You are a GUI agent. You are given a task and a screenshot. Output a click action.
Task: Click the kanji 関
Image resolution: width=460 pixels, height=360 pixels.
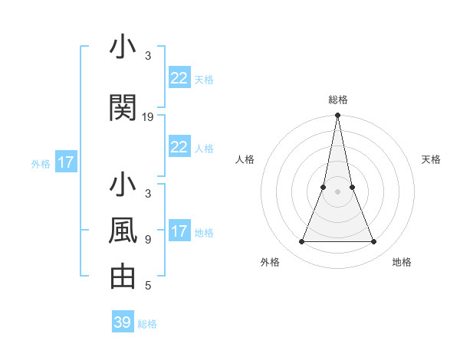pyautogui.click(x=123, y=108)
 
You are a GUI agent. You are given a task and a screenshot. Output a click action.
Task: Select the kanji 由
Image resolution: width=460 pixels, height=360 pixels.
pyautogui.click(x=123, y=277)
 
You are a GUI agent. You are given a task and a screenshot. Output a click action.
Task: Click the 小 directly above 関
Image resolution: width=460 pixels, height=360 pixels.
pyautogui.click(x=123, y=47)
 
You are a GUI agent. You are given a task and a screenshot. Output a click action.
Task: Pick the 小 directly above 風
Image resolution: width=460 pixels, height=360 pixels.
pyautogui.click(x=123, y=185)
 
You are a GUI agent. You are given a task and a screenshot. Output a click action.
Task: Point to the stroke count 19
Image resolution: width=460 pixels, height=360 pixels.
pyautogui.click(x=148, y=117)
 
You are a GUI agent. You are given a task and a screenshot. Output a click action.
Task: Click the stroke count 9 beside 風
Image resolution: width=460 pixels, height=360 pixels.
pyautogui.click(x=148, y=240)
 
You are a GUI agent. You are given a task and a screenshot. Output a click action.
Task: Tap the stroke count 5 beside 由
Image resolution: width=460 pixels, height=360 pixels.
pyautogui.click(x=148, y=286)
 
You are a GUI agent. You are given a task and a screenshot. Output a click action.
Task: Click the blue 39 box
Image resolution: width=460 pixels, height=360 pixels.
pyautogui.click(x=123, y=322)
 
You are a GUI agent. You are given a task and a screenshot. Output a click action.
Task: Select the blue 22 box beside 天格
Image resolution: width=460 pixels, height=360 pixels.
pyautogui.click(x=179, y=78)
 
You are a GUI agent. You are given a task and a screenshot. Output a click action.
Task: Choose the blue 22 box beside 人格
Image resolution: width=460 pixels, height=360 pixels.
pyautogui.click(x=179, y=147)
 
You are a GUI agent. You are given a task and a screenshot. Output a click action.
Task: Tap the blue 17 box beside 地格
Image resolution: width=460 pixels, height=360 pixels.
pyautogui.click(x=179, y=231)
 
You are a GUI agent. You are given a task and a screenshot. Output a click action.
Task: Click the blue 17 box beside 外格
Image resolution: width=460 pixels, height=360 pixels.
pyautogui.click(x=65, y=162)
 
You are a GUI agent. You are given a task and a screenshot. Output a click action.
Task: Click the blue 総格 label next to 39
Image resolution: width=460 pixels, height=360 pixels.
pyautogui.click(x=147, y=324)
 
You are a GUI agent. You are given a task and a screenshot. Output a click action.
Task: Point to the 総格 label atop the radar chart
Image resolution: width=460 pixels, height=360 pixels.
pyautogui.click(x=337, y=100)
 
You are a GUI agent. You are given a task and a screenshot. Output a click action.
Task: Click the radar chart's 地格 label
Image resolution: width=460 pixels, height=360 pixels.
pyautogui.click(x=402, y=262)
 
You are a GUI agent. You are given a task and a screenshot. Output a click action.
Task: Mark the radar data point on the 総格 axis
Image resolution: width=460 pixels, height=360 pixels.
pyautogui.click(x=337, y=116)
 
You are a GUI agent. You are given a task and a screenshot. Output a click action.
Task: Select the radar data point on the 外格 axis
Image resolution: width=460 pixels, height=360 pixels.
pyautogui.click(x=301, y=242)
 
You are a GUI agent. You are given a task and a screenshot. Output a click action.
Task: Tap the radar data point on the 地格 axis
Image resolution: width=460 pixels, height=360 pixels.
pyautogui.click(x=373, y=242)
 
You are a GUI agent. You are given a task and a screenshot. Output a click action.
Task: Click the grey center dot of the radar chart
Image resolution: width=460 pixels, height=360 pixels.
pyautogui.click(x=337, y=191)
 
